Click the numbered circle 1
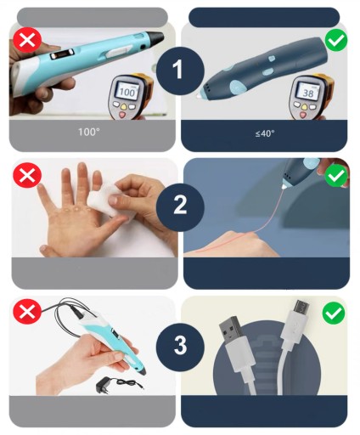180,71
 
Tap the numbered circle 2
180,206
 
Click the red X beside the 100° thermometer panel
27,40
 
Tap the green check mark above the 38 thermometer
335,41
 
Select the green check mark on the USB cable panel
334,314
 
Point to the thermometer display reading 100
127,91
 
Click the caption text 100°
89,132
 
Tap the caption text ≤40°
265,133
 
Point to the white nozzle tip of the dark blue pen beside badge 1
198,96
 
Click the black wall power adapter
104,385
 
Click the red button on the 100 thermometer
123,115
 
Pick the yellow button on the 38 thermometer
305,107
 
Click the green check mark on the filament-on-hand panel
335,176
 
